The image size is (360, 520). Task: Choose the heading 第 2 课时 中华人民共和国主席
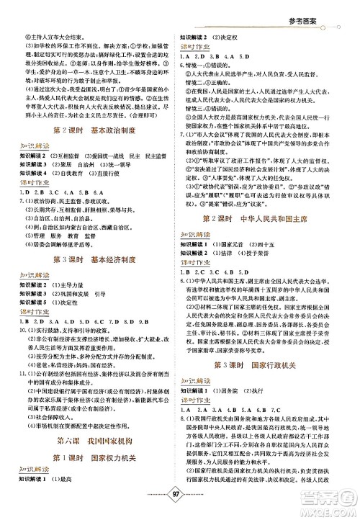pyautogui.click(x=264, y=218)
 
